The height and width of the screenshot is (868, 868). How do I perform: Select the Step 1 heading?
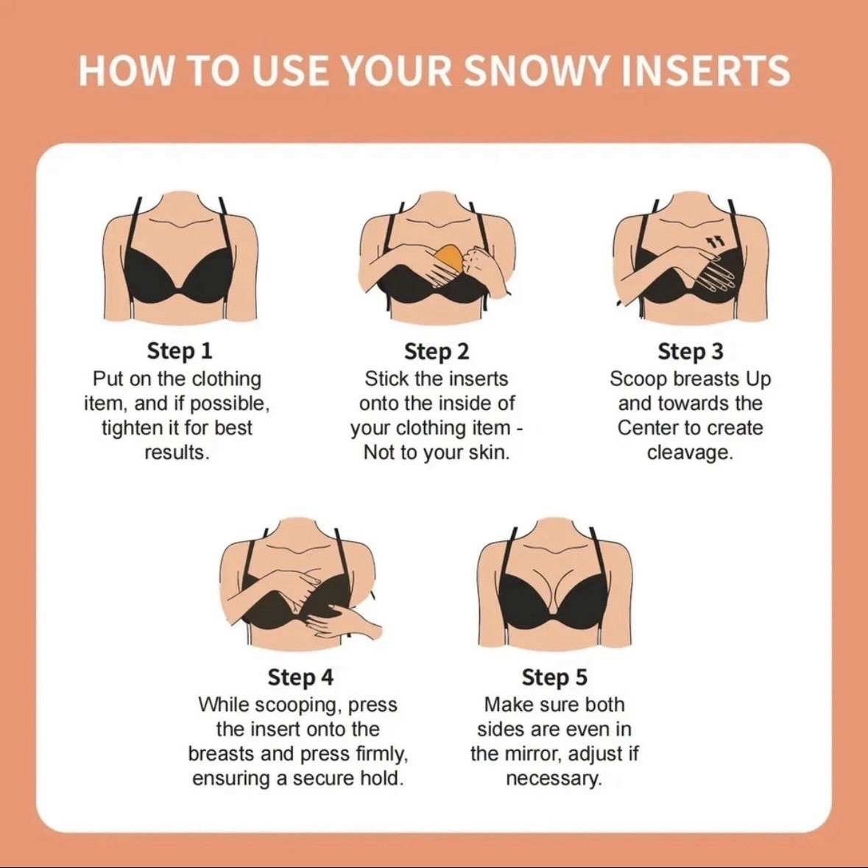click(x=180, y=351)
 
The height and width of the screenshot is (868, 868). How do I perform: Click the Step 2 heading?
click(x=437, y=351)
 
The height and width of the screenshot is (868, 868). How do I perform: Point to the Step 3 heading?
click(x=691, y=351)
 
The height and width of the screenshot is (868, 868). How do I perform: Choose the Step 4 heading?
click(x=300, y=677)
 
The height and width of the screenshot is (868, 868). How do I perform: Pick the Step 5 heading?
click(x=554, y=677)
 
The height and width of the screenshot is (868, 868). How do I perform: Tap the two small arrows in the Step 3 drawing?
click(x=715, y=240)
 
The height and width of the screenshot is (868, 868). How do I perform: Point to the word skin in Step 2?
click(x=489, y=453)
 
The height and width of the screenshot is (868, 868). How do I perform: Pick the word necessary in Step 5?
click(x=554, y=779)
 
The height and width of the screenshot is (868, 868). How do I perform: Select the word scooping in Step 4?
click(x=294, y=705)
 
